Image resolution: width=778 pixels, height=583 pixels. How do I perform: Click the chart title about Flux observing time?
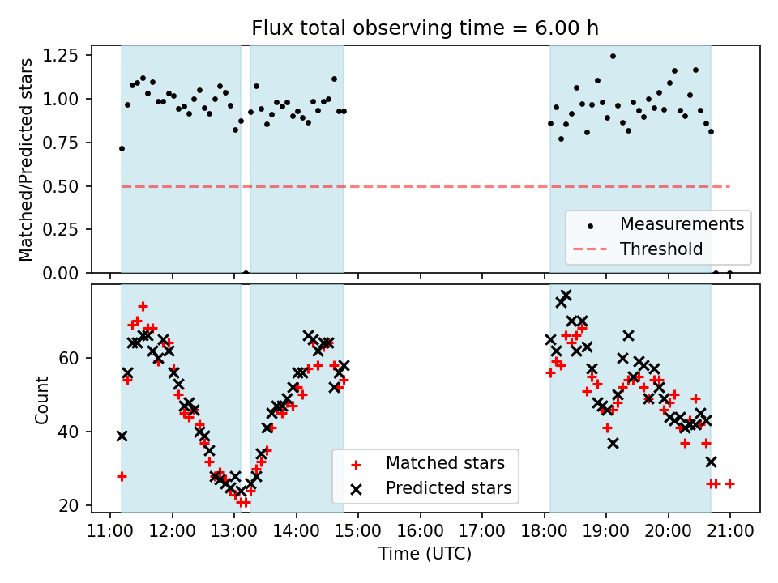pos(425,29)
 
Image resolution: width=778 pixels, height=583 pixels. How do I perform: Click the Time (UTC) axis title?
pos(425,555)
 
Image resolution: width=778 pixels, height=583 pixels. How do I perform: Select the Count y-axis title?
pos(41,399)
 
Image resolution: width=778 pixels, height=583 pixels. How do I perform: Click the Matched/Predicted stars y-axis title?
pos(26,160)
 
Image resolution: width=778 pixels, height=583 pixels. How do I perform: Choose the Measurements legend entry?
pos(682,223)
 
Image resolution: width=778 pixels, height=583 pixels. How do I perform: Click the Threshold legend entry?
pos(661,249)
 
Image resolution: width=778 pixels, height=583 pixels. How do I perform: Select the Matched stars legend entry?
pos(445,463)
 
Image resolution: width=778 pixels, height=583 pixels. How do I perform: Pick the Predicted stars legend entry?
pos(448,488)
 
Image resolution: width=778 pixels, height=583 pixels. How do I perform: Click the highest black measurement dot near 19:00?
pos(613,57)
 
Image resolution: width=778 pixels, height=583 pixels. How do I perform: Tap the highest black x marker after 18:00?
pos(566,296)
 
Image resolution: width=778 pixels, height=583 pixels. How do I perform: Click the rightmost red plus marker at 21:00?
pos(729,483)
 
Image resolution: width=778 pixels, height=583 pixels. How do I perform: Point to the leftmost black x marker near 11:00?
pos(122,436)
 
